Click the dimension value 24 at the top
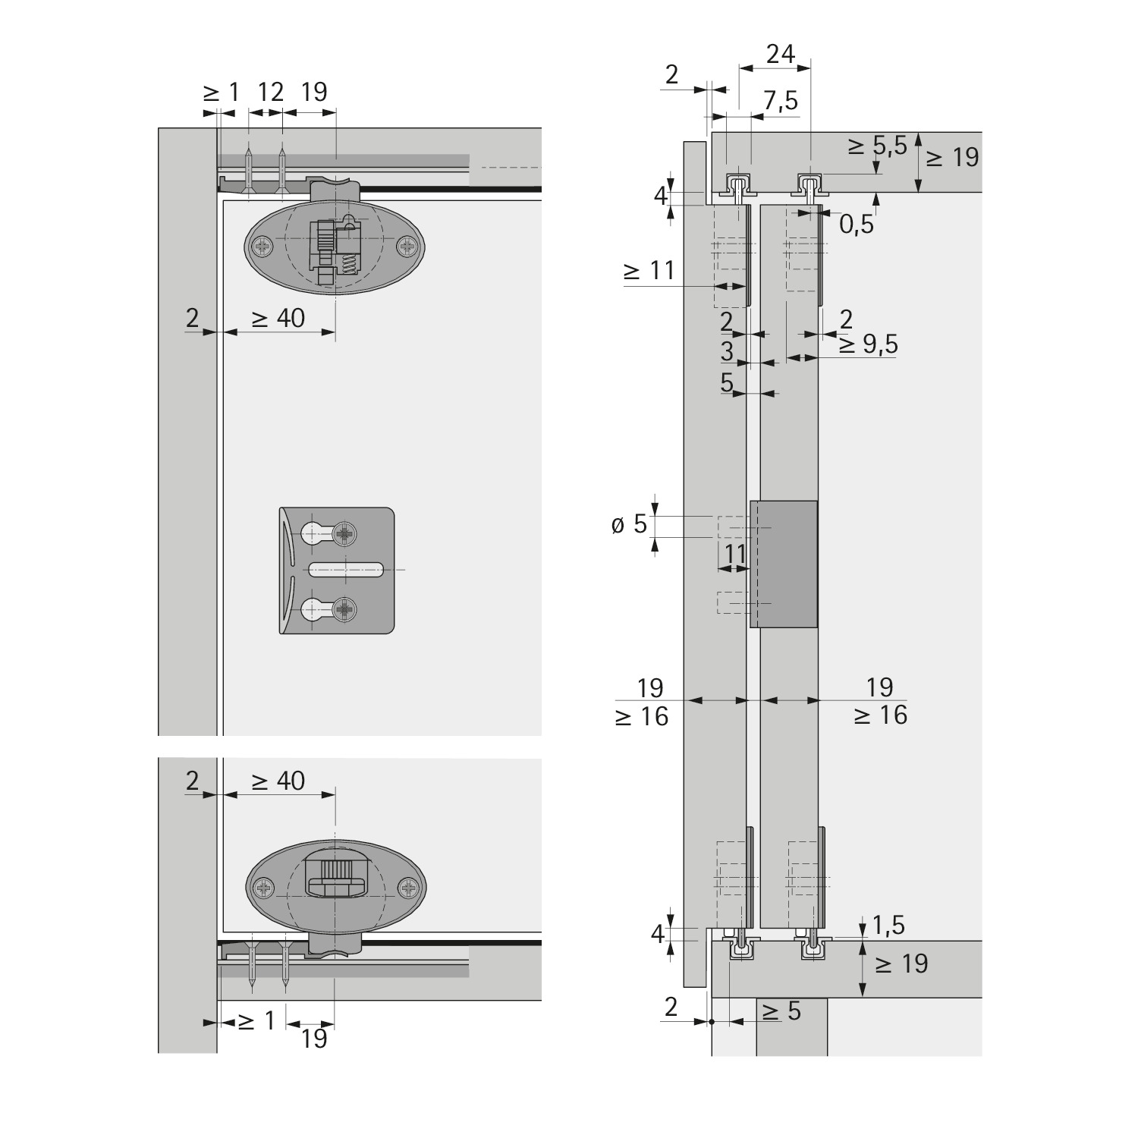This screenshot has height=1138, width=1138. pyautogui.click(x=780, y=54)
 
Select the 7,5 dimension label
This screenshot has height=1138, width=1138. pyautogui.click(x=781, y=101)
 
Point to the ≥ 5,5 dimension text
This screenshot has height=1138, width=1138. pyautogui.click(x=877, y=146)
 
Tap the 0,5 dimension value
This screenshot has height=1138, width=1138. pyautogui.click(x=857, y=225)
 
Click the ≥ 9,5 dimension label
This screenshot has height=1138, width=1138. pyautogui.click(x=868, y=345)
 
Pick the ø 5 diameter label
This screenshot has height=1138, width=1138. pyautogui.click(x=630, y=523)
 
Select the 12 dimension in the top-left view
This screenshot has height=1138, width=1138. pyautogui.click(x=270, y=92)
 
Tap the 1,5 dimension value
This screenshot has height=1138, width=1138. pyautogui.click(x=888, y=926)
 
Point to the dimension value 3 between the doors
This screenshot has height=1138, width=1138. pyautogui.click(x=727, y=351)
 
